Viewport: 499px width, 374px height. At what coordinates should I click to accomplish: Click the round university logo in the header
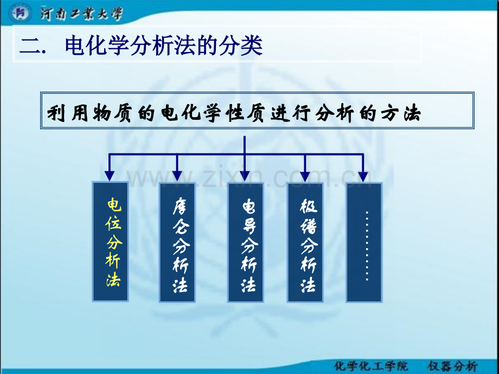pyautogui.click(x=20, y=14)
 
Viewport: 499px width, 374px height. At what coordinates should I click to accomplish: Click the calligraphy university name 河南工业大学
pyautogui.click(x=81, y=14)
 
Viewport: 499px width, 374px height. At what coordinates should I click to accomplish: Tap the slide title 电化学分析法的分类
pyautogui.click(x=164, y=46)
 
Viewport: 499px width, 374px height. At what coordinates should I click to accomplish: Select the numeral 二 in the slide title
pyautogui.click(x=30, y=46)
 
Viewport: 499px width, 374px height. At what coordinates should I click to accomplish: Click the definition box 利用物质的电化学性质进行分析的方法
pyautogui.click(x=257, y=111)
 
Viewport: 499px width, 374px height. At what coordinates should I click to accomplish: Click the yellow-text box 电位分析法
pyautogui.click(x=110, y=242)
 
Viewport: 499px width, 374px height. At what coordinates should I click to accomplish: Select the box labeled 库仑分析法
pyautogui.click(x=177, y=242)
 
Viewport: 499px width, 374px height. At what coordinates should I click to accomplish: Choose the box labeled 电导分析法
pyautogui.click(x=245, y=242)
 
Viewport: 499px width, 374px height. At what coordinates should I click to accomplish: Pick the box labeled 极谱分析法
pyautogui.click(x=305, y=242)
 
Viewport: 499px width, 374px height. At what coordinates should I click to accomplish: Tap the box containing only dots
pyautogui.click(x=364, y=242)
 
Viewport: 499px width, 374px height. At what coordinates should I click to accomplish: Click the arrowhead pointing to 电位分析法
pyautogui.click(x=110, y=176)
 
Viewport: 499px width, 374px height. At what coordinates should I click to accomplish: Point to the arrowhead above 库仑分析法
pyautogui.click(x=177, y=176)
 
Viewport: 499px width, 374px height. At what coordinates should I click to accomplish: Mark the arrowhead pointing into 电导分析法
pyautogui.click(x=245, y=176)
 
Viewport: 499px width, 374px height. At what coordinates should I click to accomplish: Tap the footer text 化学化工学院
pyautogui.click(x=371, y=366)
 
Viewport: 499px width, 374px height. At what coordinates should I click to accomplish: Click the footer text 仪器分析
pyautogui.click(x=453, y=366)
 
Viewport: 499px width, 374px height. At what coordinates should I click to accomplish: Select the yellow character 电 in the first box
pyautogui.click(x=114, y=204)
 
